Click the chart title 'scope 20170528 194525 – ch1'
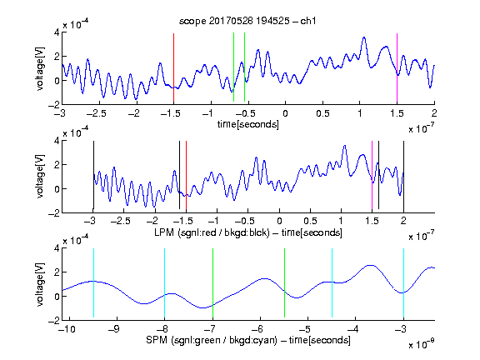[247, 21]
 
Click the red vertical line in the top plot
[173, 67]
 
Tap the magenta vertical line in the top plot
[397, 67]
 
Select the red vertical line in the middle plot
[186, 175]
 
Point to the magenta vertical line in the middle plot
[372, 175]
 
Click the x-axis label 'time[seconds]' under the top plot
[248, 124]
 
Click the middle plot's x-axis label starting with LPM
[248, 232]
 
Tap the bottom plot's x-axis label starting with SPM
[248, 340]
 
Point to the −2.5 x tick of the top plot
[96, 113]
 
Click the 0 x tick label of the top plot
[285, 113]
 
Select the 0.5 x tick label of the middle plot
[310, 221]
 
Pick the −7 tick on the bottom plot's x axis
[210, 329]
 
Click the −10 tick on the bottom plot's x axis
[67, 329]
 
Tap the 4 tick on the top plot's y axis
[57, 32]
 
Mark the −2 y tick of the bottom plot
[54, 320]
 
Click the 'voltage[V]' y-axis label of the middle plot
[40, 176]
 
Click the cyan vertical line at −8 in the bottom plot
[165, 282]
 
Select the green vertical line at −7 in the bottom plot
[212, 282]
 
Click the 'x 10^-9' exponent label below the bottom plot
[422, 344]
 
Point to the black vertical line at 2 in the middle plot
[403, 175]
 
